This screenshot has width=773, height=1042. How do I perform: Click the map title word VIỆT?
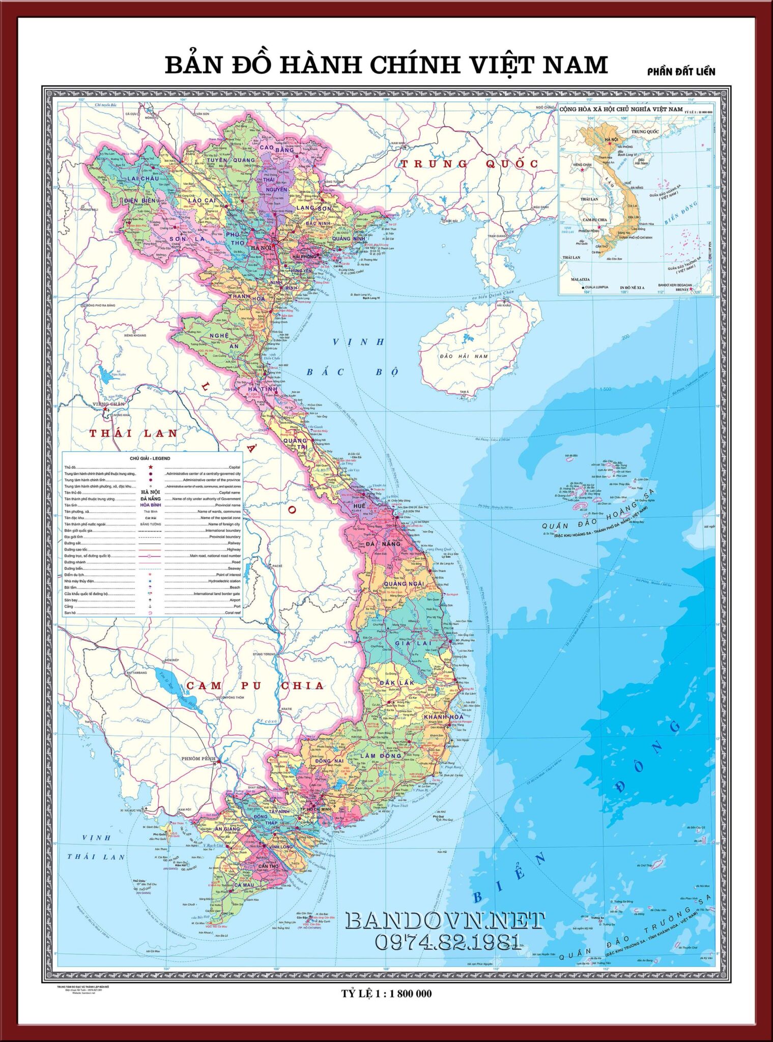[x=501, y=66]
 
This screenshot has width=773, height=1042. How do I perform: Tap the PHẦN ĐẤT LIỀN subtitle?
[x=681, y=72]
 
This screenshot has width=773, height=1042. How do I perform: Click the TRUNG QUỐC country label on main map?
[x=469, y=164]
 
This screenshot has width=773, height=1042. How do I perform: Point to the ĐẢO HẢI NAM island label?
[x=464, y=356]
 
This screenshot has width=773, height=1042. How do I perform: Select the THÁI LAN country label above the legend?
[x=133, y=433]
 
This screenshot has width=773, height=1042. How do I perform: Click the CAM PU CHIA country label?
[x=254, y=685]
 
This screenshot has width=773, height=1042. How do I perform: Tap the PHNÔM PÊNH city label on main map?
[x=198, y=759]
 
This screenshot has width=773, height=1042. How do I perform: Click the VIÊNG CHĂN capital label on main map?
[x=108, y=404]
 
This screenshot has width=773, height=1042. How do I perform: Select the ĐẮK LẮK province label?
[x=397, y=682]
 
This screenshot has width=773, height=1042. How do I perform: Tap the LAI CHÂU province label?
[x=142, y=179]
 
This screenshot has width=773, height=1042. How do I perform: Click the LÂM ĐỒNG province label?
[x=382, y=756]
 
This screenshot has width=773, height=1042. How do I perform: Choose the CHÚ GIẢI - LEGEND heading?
[x=150, y=458]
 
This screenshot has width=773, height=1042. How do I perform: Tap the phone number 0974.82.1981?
[x=448, y=942]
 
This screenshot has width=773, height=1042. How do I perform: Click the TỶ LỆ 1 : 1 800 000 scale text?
[x=386, y=993]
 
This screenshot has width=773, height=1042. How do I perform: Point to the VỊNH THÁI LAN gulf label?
[x=97, y=847]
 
